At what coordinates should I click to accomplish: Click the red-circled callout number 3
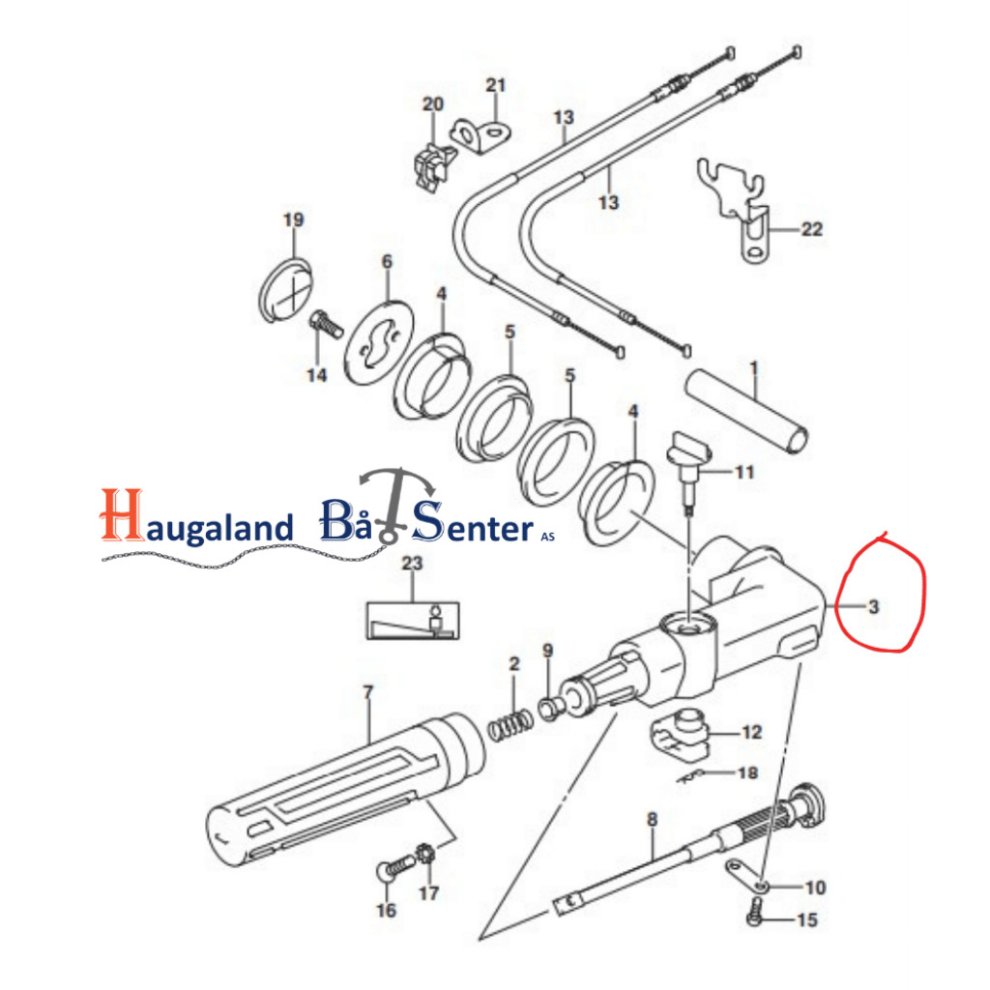click(x=873, y=607)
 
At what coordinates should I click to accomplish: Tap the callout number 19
click(x=294, y=219)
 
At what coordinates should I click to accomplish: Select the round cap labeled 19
click(x=286, y=290)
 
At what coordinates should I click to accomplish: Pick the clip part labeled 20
click(x=434, y=166)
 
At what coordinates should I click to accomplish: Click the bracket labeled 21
click(x=481, y=136)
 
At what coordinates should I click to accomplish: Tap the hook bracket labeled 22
click(x=735, y=209)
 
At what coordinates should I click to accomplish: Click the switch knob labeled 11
click(x=688, y=467)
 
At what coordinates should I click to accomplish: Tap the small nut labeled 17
click(x=426, y=855)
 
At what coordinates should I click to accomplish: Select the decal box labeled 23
click(x=413, y=621)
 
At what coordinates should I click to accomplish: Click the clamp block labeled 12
click(x=680, y=735)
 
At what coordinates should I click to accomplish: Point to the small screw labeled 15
click(x=755, y=913)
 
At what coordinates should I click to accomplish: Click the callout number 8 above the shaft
click(x=653, y=820)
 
